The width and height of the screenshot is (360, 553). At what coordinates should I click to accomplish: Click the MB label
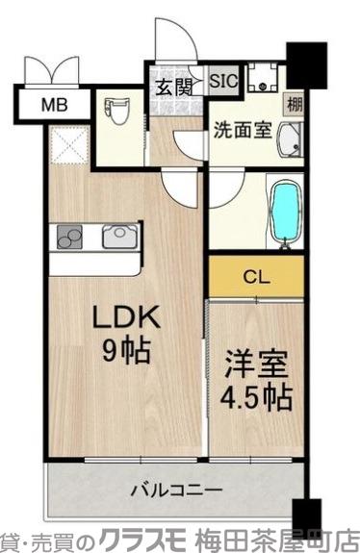[54, 104]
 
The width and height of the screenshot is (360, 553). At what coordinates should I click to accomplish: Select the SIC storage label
[222, 80]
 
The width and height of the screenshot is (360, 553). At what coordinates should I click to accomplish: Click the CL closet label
[255, 278]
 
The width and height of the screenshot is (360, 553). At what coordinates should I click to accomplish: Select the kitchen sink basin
[120, 237]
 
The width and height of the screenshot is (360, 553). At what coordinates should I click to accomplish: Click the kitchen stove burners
[71, 237]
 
